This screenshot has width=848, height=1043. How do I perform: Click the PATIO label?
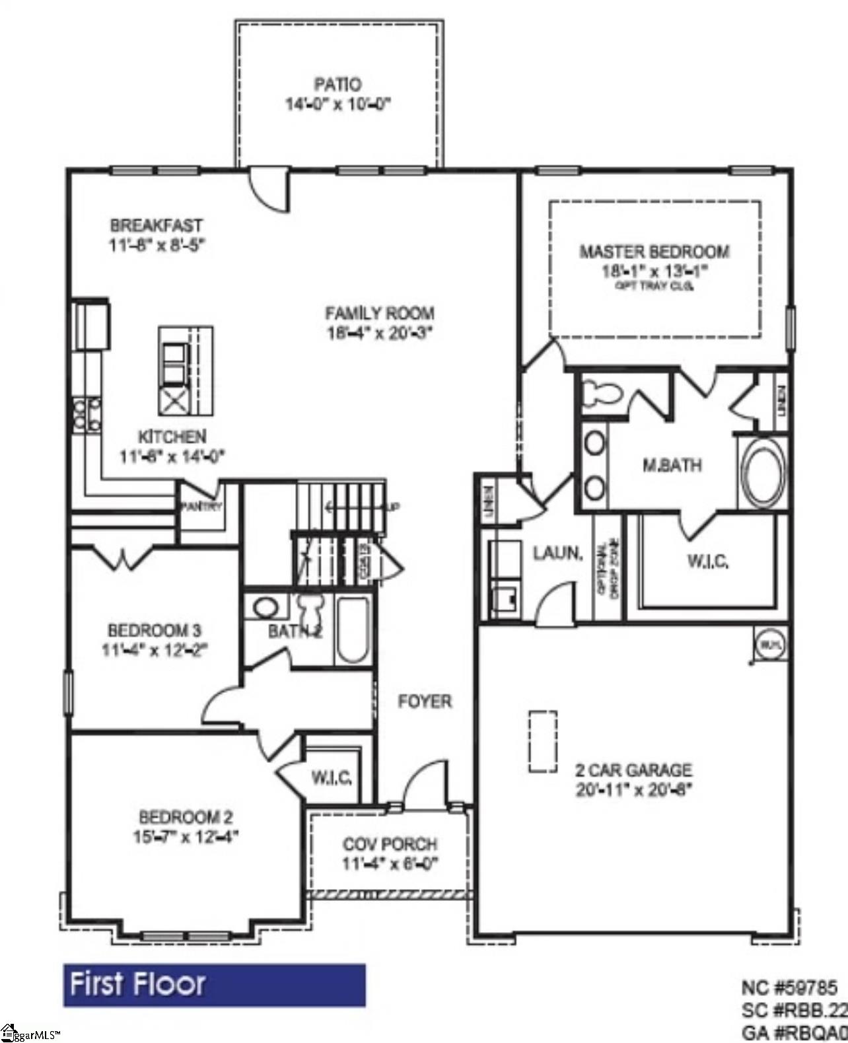click(337, 85)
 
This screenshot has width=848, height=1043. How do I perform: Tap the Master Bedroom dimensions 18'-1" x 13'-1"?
click(654, 270)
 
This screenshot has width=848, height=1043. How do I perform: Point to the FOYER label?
click(425, 701)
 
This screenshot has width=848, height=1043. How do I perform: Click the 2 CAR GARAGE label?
click(633, 770)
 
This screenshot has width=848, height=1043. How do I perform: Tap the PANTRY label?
click(201, 507)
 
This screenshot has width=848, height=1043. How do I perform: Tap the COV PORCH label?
click(390, 844)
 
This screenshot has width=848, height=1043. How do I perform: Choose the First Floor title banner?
click(214, 984)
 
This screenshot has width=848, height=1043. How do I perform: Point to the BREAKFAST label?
click(157, 225)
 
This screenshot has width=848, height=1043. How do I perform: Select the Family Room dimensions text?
click(379, 333)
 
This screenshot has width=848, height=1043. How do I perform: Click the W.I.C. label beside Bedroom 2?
click(332, 777)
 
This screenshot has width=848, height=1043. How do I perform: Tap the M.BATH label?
click(672, 465)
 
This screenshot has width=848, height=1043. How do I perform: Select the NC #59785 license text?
click(789, 988)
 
